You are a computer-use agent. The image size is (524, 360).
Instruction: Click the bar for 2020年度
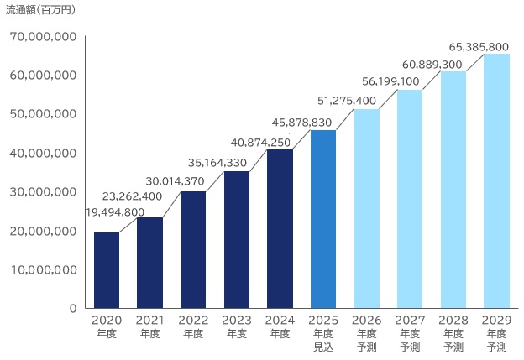[107, 270]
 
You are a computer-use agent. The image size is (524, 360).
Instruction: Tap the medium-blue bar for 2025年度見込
[323, 219]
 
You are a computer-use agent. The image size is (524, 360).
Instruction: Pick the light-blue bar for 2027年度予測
[410, 199]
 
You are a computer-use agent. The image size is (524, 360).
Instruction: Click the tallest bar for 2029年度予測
[496, 181]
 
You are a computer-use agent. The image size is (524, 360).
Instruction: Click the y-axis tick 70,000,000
[45, 37]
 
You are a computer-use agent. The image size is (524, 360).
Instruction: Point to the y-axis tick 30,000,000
[45, 192]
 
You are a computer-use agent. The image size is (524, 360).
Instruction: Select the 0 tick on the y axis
[73, 309]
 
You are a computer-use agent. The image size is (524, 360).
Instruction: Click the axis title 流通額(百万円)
[39, 10]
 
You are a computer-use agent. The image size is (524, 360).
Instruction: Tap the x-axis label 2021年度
[149, 326]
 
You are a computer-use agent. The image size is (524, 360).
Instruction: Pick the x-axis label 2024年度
[280, 326]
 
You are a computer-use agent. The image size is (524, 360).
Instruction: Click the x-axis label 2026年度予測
[366, 332]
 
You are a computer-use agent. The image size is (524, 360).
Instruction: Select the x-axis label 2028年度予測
[453, 332]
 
